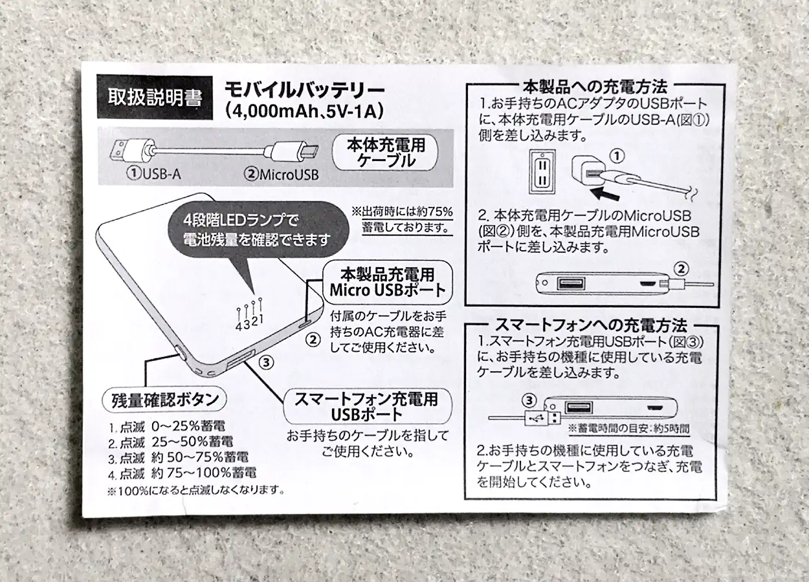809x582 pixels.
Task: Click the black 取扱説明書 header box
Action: (155, 98)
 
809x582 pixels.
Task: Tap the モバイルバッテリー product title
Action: (305, 91)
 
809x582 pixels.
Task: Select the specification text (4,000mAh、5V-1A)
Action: (304, 111)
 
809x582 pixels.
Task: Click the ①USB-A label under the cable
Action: (153, 174)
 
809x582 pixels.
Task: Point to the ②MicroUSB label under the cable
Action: (282, 175)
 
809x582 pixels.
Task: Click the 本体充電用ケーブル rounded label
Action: (385, 153)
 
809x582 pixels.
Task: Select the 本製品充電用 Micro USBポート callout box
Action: (388, 282)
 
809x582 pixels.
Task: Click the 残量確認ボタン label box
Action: (165, 400)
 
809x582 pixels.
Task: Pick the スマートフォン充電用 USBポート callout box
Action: (368, 406)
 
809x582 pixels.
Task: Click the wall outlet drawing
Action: (542, 171)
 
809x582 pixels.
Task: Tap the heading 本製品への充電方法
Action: (595, 87)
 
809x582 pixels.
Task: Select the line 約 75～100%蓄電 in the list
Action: (204, 473)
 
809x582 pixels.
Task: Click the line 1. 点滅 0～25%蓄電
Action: (167, 427)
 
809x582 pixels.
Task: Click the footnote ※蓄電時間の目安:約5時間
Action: (629, 429)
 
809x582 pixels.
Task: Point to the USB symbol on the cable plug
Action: (537, 418)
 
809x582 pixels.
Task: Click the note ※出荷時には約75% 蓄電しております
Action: (403, 220)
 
